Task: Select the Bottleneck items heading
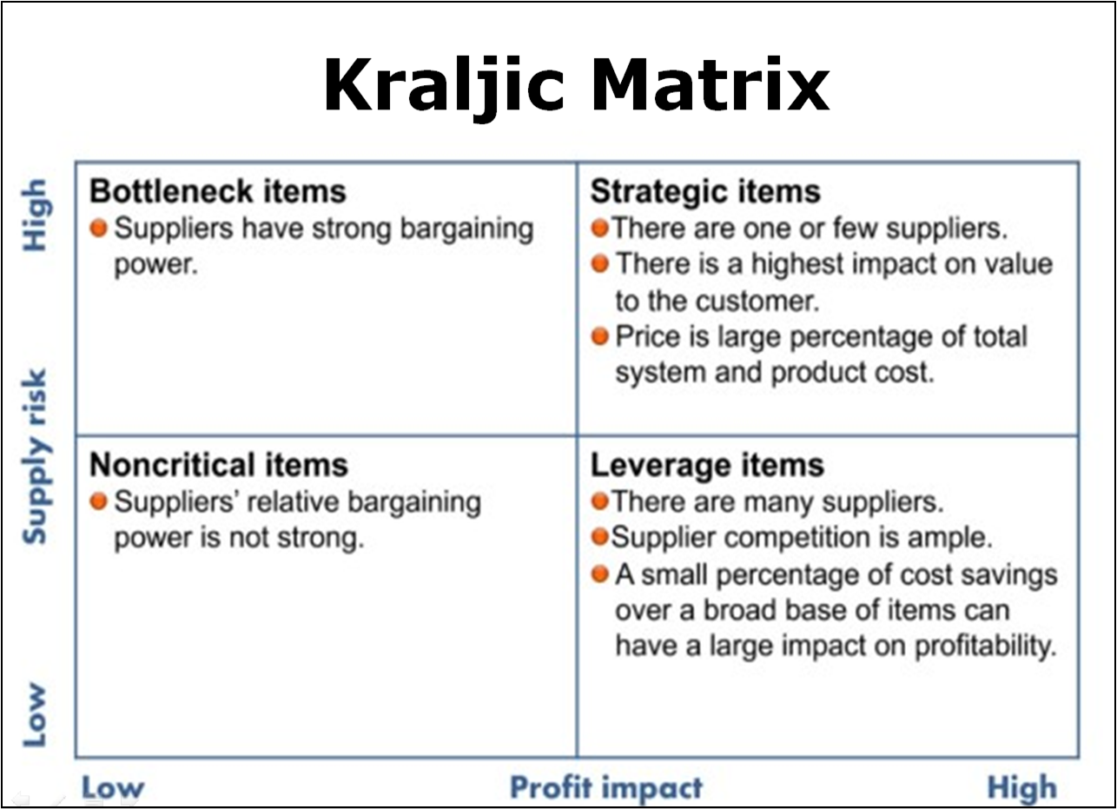pos(218,191)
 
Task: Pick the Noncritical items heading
pos(219,465)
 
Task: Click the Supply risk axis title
pos(35,456)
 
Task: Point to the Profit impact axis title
pos(606,788)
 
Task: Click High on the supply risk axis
pos(35,215)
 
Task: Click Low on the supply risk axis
pos(35,715)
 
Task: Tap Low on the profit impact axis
pos(113,788)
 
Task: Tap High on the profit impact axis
pos(1022,788)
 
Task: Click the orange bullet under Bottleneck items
pos(99,228)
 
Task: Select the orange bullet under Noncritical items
pos(99,501)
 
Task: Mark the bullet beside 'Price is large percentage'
pos(600,336)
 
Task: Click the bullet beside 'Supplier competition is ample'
pos(600,537)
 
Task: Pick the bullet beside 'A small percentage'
pos(600,574)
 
